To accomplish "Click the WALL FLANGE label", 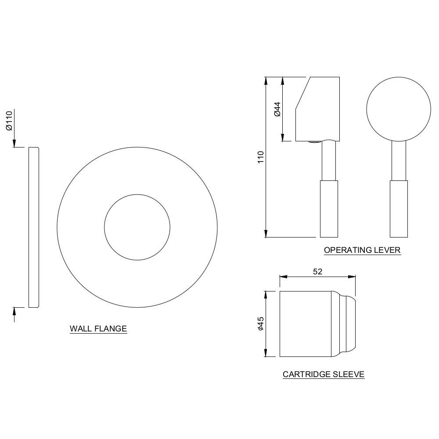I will pyautogui.click(x=98, y=328).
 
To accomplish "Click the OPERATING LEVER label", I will pyautogui.click(x=362, y=250).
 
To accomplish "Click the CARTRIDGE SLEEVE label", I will pyautogui.click(x=324, y=374).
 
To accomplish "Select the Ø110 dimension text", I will pyautogui.click(x=9, y=121).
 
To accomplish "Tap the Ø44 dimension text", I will pyautogui.click(x=277, y=109).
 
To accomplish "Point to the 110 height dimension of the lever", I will pyautogui.click(x=260, y=157).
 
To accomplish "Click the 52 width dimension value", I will pyautogui.click(x=317, y=272).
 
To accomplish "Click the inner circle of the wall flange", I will pyautogui.click(x=137, y=227).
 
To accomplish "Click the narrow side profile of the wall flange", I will pyautogui.click(x=34, y=227).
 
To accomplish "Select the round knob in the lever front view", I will pyautogui.click(x=399, y=109).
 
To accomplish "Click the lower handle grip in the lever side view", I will pyautogui.click(x=329, y=209).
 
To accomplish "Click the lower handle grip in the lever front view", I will pyautogui.click(x=399, y=209).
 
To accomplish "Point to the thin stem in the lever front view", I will pyautogui.click(x=399, y=161).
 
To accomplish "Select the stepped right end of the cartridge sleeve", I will pyautogui.click(x=347, y=324).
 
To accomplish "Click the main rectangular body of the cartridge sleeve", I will pyautogui.click(x=305, y=324).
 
